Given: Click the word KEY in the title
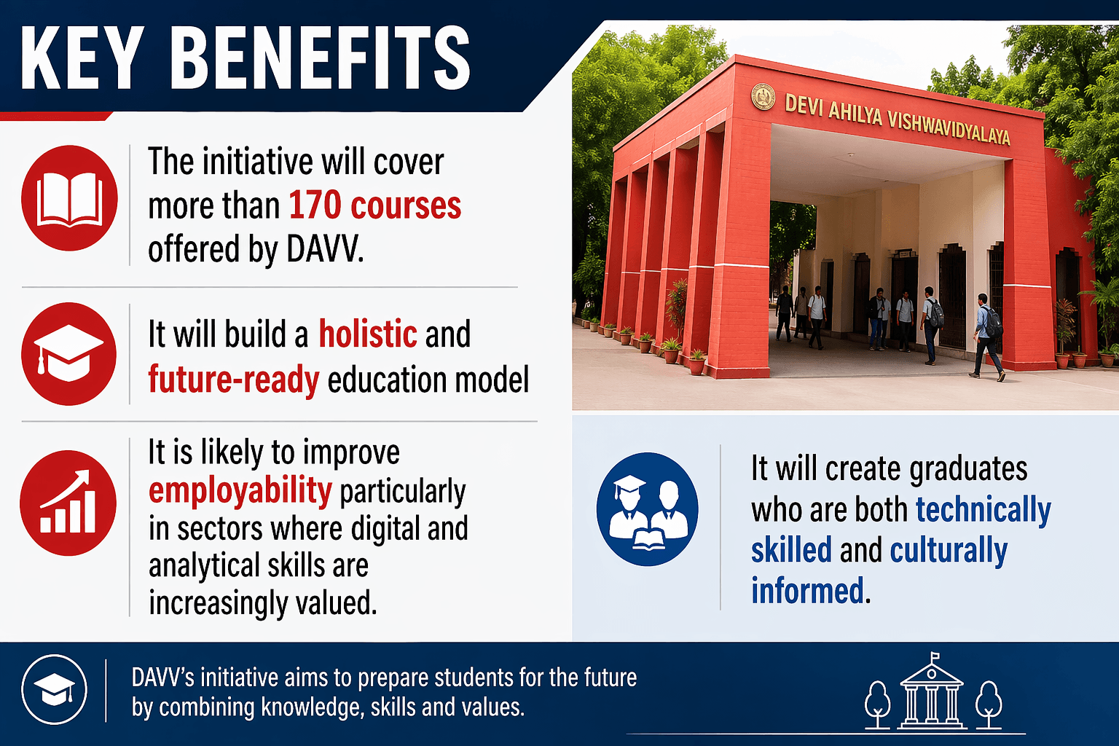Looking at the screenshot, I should click(82, 58).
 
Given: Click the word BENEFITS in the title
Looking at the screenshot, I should click(324, 58).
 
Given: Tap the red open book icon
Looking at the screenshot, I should click(69, 198).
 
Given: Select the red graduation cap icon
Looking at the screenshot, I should click(69, 354).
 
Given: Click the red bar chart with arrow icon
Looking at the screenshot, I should click(68, 503).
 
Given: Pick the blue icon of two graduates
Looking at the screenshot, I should click(647, 509).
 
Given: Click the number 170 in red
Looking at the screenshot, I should click(313, 205).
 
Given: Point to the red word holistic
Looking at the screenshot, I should click(368, 334).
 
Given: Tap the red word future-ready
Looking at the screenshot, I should click(233, 380).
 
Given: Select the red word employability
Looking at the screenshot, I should click(240, 490).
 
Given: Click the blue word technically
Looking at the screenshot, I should click(983, 510).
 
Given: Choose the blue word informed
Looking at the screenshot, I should click(807, 591).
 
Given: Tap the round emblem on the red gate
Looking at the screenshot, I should click(763, 96).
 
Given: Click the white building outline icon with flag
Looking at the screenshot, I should click(932, 692).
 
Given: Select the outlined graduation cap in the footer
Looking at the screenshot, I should click(55, 690).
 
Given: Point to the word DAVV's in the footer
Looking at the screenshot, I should click(162, 678).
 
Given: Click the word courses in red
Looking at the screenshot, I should click(406, 205).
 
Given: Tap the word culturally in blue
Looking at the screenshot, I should click(949, 551).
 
